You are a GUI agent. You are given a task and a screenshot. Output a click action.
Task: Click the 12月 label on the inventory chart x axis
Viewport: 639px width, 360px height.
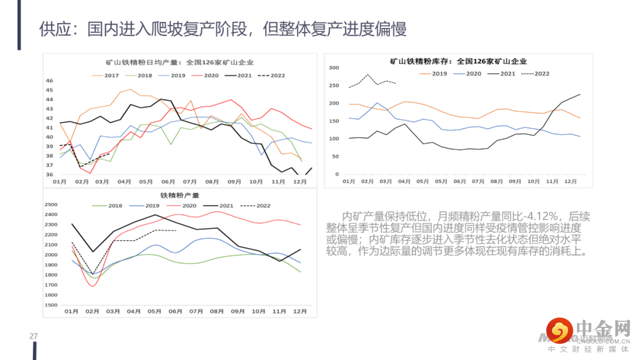click(x=571, y=181)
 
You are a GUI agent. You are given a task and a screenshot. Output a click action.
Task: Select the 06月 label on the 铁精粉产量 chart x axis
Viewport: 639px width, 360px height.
click(x=176, y=311)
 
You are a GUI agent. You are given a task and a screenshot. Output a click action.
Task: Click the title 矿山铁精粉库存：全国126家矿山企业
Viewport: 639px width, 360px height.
click(x=459, y=61)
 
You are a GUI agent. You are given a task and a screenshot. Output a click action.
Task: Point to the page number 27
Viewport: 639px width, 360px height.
click(x=34, y=336)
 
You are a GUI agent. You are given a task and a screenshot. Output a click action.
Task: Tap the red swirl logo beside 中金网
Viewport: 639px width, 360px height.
click(x=560, y=330)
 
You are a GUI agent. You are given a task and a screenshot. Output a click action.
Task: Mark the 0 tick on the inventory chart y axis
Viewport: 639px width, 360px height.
click(x=337, y=175)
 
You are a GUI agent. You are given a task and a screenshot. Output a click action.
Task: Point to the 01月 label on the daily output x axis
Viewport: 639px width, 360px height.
click(x=60, y=182)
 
